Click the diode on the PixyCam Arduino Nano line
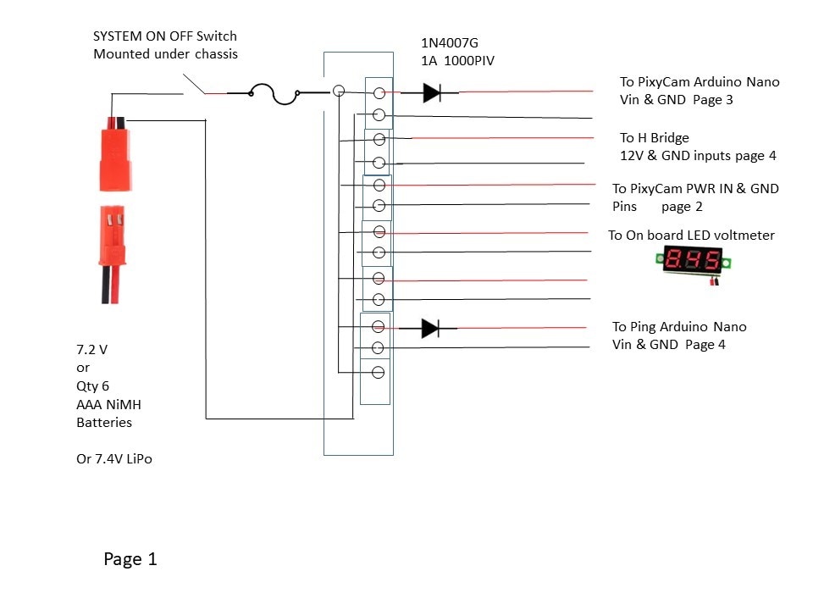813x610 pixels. [432, 93]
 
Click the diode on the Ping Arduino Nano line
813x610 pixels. [430, 329]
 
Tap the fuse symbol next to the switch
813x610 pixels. [274, 94]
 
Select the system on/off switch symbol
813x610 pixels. [195, 85]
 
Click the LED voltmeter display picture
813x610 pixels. [694, 263]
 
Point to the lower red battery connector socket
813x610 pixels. [113, 254]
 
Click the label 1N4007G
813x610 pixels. [450, 43]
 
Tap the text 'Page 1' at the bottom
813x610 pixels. [130, 559]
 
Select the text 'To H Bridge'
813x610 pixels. [655, 138]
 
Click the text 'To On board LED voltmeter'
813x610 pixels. [691, 236]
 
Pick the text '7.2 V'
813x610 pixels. [91, 350]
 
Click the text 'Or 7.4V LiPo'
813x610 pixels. [114, 459]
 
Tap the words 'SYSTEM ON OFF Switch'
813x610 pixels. [165, 36]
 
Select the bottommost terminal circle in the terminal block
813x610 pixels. [378, 373]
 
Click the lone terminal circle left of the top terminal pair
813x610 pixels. [339, 91]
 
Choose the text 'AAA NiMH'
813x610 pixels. [108, 405]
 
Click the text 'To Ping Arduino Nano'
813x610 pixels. [679, 327]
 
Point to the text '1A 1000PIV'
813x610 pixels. [458, 61]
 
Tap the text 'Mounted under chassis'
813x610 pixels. [165, 54]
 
